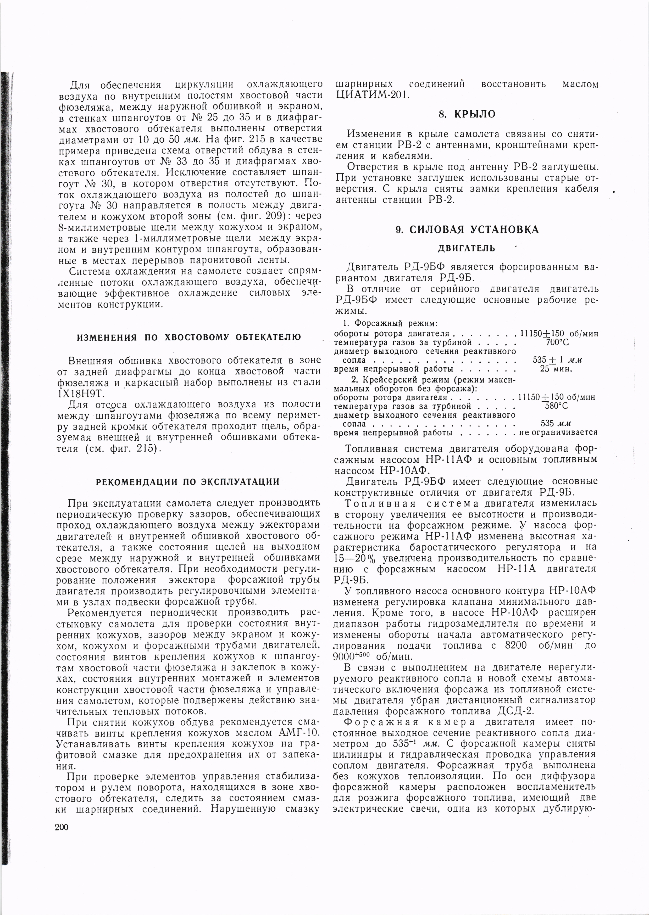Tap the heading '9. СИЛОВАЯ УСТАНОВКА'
click(x=467, y=230)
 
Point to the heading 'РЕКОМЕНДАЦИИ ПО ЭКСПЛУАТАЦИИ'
click(x=188, y=482)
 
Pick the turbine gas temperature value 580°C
click(x=557, y=406)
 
